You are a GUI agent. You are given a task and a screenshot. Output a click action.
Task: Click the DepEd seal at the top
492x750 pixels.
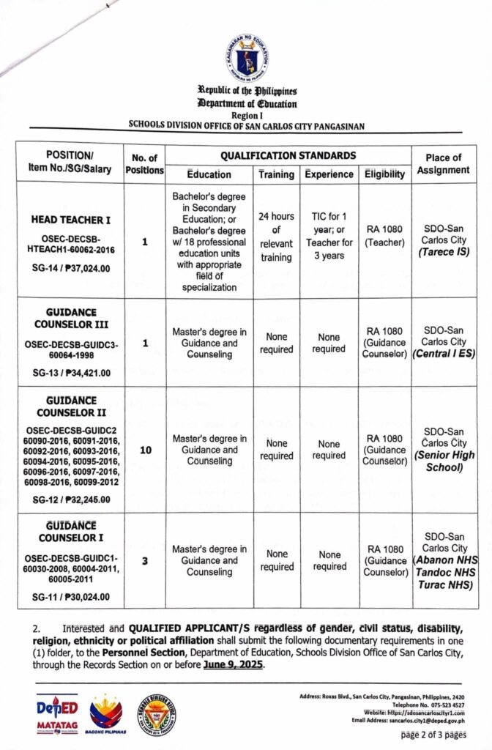coord(245,59)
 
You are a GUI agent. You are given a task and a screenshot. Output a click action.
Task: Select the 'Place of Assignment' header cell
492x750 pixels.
coord(443,163)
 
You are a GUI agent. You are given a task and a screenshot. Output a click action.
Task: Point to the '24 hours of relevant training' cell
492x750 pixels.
coord(277,237)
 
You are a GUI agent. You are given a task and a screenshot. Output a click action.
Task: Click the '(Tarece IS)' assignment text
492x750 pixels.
coord(444,251)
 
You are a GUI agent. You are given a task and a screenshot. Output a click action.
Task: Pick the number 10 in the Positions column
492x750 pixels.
coord(145,450)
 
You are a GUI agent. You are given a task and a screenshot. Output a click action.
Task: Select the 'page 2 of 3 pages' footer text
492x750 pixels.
coord(433,734)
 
